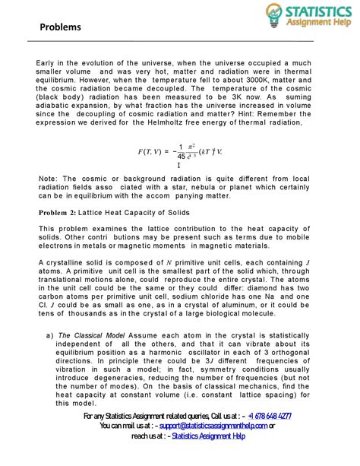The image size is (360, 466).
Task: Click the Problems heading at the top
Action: (60, 27)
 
